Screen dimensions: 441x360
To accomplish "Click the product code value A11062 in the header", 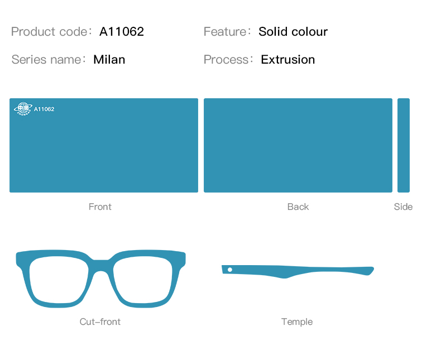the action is click(x=122, y=31).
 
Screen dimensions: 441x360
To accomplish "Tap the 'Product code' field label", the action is click(x=49, y=31).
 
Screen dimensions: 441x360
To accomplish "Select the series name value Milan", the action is click(x=109, y=60).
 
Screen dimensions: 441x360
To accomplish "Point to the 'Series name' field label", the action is click(x=46, y=60).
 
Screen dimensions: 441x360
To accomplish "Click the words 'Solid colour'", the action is click(x=293, y=31).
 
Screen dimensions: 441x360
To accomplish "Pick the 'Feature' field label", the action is click(x=225, y=31).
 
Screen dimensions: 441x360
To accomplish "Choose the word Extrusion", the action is click(x=287, y=60).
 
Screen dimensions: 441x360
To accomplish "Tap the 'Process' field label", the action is click(x=226, y=60).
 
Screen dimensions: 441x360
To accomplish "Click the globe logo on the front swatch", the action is click(x=23, y=109).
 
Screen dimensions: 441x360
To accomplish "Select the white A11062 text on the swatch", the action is click(x=44, y=109).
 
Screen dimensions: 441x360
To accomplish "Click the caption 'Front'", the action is click(x=100, y=207).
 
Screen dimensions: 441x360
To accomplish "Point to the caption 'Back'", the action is click(x=298, y=207).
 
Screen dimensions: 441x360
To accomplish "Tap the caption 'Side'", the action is click(x=403, y=207).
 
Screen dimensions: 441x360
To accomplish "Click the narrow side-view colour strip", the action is click(x=404, y=146).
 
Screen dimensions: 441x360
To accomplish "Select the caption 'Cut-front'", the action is click(x=100, y=321).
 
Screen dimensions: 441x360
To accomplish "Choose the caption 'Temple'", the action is click(x=297, y=321).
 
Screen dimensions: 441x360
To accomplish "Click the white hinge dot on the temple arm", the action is click(x=230, y=270).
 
